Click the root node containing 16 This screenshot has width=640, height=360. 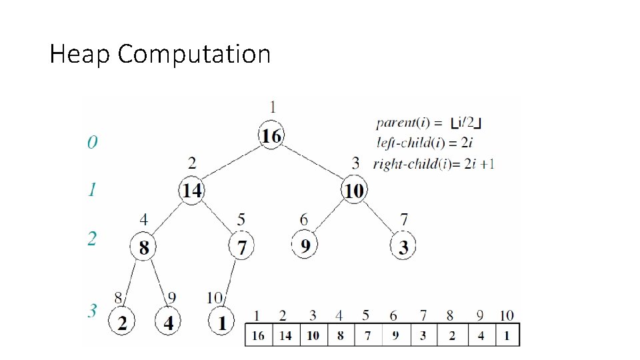click(x=271, y=137)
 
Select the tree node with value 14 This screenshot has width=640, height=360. click(x=192, y=191)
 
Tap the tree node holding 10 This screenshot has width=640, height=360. click(x=353, y=191)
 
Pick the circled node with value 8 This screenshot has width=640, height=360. click(x=143, y=247)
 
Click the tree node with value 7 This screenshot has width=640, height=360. click(x=241, y=247)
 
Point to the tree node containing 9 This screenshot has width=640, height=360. click(x=305, y=246)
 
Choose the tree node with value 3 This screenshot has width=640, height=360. click(x=403, y=247)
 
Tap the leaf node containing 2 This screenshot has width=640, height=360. click(x=122, y=323)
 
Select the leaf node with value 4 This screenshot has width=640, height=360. click(x=168, y=323)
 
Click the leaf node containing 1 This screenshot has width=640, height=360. click(x=221, y=323)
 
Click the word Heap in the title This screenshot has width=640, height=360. click(x=80, y=54)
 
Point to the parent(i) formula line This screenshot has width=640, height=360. click(x=430, y=122)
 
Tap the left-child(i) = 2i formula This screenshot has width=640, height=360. click(x=425, y=142)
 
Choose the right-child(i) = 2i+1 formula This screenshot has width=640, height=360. click(x=434, y=163)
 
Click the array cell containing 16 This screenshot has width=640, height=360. click(x=259, y=335)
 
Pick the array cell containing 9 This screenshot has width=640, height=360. click(x=395, y=335)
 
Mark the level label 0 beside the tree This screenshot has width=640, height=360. click(x=93, y=142)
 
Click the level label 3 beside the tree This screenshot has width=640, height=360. click(x=93, y=311)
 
